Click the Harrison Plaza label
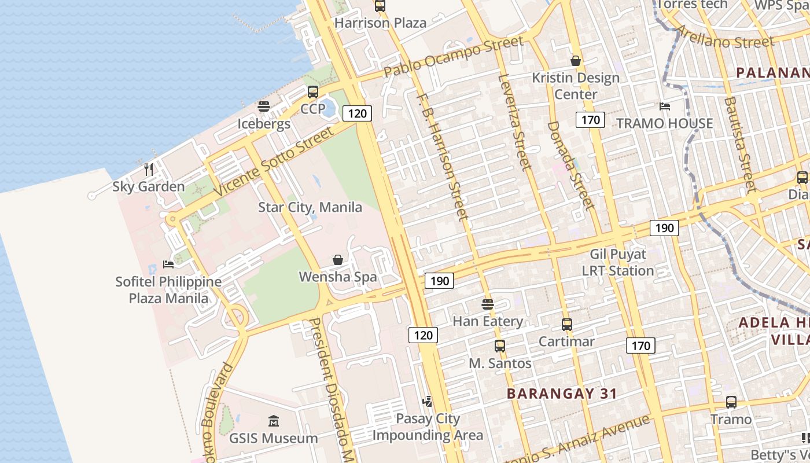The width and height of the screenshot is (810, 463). pos(381,23)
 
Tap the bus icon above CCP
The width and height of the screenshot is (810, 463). pos(313,91)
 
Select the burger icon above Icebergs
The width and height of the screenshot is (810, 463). pos(264,106)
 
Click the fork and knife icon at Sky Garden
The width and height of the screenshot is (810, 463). pos(149,169)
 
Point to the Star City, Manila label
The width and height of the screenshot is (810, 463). pos(310,207)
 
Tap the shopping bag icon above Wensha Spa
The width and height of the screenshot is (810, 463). pos(338,260)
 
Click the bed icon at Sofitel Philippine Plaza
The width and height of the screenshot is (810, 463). pos(168,264)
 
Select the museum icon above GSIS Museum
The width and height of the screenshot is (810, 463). pos(274,421)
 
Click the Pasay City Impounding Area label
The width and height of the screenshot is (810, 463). pos(428,427)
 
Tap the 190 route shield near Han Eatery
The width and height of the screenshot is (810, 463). pos(440,281)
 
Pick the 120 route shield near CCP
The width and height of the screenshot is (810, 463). pos(358,113)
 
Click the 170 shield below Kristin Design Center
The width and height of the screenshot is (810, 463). pos(590,120)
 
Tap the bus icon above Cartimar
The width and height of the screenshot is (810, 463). pos(567,325)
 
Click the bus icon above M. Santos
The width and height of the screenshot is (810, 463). pos(500,346)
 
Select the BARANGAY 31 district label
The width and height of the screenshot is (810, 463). pos(562,394)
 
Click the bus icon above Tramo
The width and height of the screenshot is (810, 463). pos(731,402)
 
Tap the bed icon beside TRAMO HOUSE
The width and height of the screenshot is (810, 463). pos(665,106)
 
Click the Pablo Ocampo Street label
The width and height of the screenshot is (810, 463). pos(454,57)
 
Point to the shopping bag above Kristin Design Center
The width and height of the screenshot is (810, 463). pos(576,60)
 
